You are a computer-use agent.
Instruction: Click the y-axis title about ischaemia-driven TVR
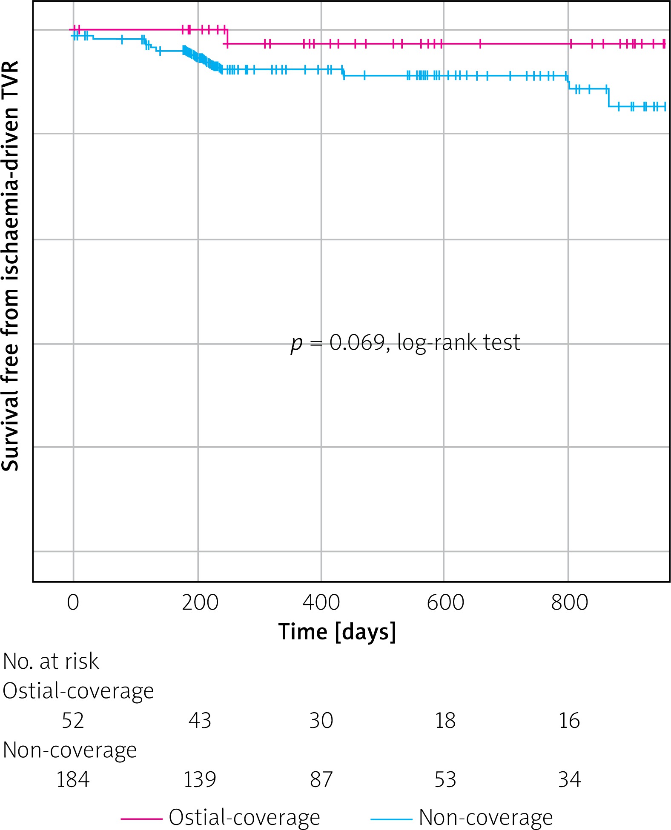click(10, 266)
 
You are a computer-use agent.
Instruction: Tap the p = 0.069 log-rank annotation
click(405, 343)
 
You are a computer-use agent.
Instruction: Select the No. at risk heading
click(51, 662)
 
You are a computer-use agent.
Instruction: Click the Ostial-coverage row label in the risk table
click(78, 691)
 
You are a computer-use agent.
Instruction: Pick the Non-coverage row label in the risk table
click(70, 750)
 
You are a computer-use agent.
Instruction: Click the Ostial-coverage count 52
click(73, 721)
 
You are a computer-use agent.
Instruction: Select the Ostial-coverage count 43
click(200, 721)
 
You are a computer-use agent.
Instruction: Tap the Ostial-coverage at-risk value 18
click(445, 721)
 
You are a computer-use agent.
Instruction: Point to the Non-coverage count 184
click(73, 779)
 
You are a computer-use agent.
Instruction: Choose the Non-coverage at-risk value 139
click(200, 779)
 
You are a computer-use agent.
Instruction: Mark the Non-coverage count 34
click(569, 779)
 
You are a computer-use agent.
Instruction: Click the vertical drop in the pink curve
click(227, 37)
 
